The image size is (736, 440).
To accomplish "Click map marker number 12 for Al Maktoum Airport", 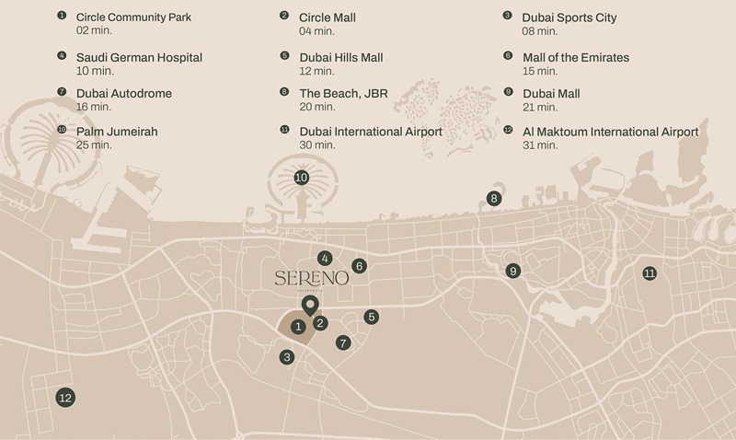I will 64,398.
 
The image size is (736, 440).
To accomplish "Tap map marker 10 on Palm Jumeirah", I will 301,178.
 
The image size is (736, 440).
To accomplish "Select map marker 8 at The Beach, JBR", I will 494,198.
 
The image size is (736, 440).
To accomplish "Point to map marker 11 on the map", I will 650,273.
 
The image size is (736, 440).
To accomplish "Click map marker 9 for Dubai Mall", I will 512,271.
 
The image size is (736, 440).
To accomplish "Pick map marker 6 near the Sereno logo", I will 360,266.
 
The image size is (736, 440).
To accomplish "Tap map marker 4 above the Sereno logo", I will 325,259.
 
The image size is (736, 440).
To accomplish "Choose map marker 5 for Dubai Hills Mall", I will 372,317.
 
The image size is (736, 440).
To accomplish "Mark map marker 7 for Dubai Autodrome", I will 344,342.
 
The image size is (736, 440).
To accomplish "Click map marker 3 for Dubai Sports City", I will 288,357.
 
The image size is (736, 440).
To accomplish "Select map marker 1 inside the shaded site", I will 297,326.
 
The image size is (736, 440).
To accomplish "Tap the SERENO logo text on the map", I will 311,278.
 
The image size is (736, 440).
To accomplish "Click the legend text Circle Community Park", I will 133,17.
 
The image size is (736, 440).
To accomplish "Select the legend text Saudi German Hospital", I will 139,58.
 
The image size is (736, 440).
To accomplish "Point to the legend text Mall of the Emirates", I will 575,58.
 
